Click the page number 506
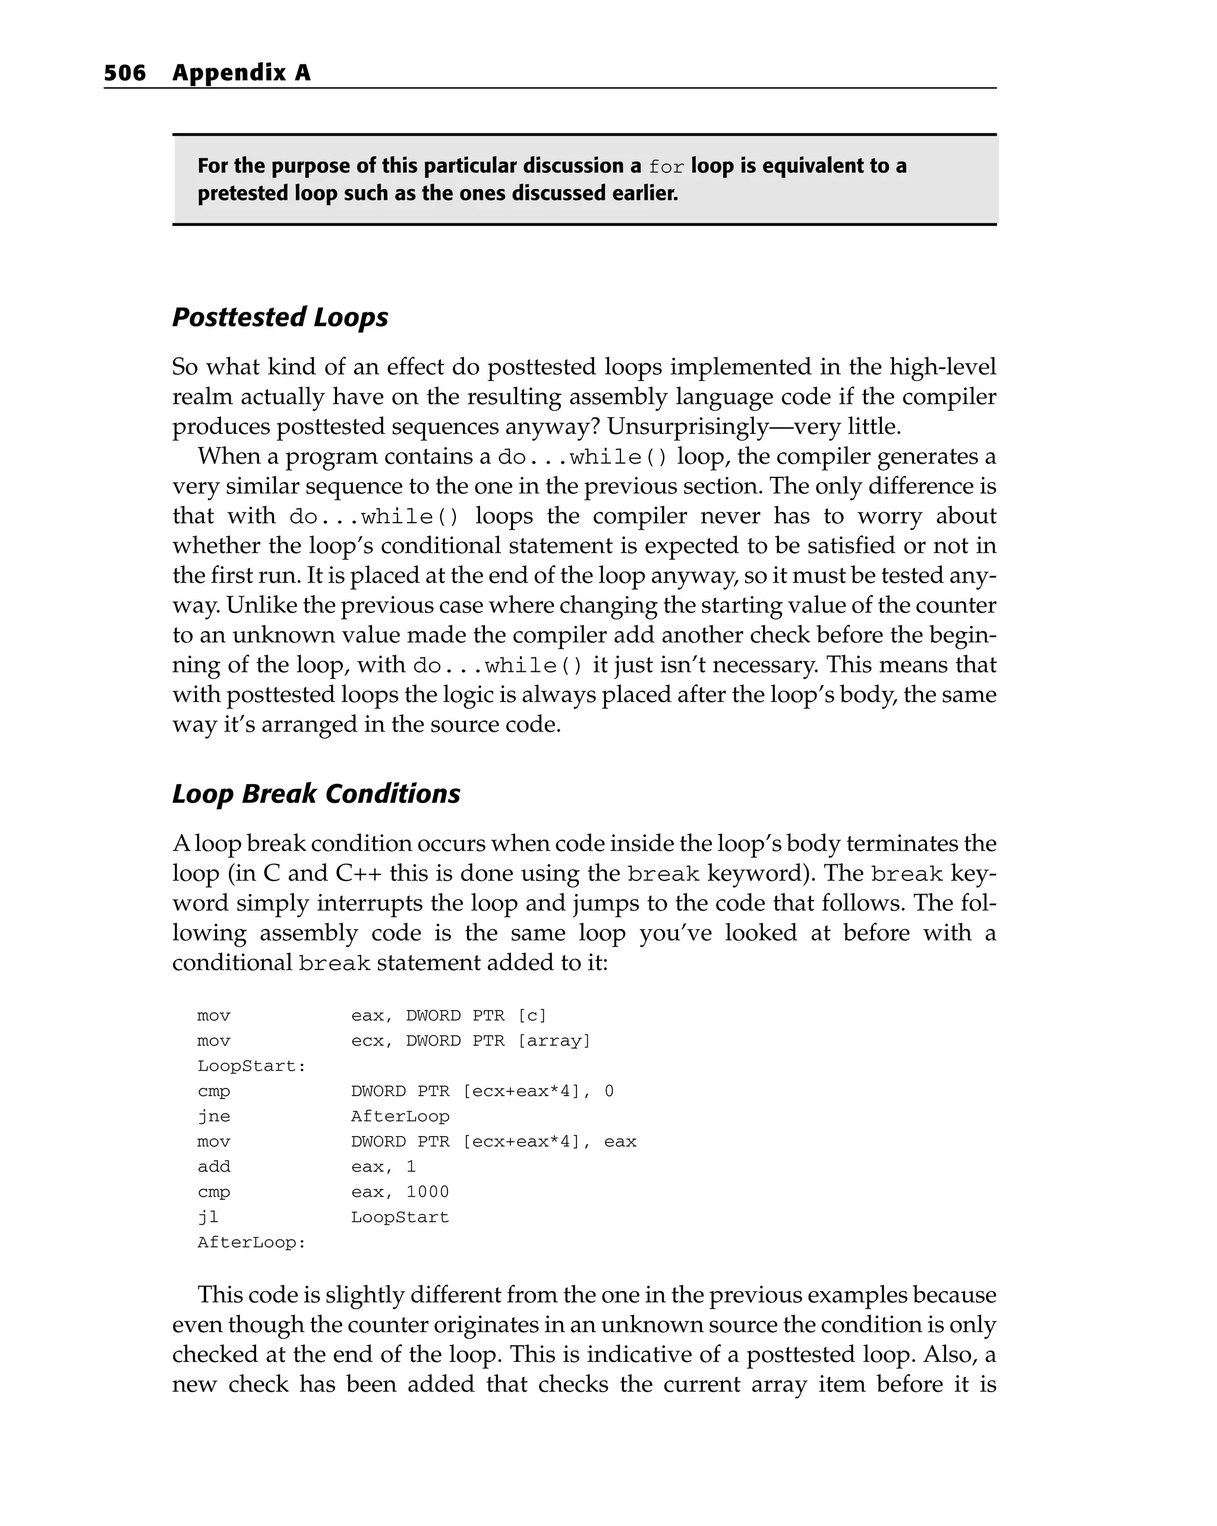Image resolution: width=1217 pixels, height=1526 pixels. [x=125, y=73]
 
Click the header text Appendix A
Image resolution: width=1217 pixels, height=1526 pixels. [x=241, y=73]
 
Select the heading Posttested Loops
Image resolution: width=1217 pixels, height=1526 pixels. [x=280, y=317]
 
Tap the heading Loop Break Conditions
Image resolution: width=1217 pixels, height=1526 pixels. [x=316, y=794]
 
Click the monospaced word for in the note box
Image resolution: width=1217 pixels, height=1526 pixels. [x=666, y=167]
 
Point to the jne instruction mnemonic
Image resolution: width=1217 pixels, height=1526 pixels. [x=214, y=1116]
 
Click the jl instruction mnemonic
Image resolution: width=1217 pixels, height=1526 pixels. [x=208, y=1217]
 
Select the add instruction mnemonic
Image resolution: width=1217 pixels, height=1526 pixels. [x=214, y=1166]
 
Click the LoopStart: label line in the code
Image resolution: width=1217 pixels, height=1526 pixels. [x=251, y=1066]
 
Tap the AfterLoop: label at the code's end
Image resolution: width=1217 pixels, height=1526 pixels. [x=251, y=1243]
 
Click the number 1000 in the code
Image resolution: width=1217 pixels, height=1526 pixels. [x=427, y=1192]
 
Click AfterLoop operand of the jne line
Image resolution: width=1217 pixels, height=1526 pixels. [x=400, y=1116]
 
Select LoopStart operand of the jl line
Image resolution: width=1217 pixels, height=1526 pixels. [x=400, y=1217]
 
